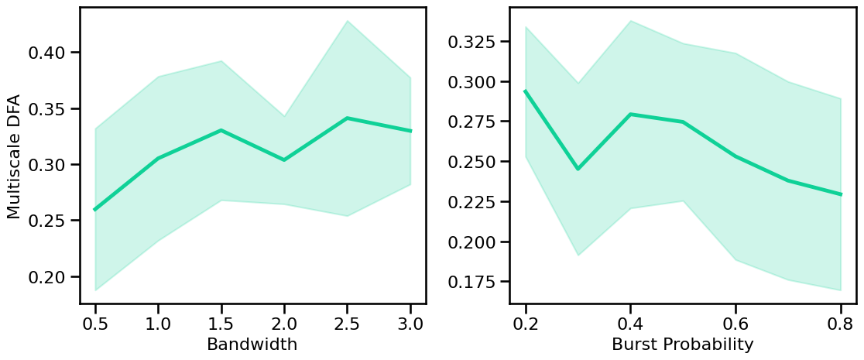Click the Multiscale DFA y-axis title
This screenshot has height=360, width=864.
click(x=14, y=156)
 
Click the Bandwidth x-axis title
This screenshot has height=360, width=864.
click(x=252, y=345)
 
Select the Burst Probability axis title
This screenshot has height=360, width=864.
click(x=682, y=345)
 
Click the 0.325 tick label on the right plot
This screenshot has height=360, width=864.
click(x=472, y=40)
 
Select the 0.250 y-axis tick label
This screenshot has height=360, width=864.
click(x=472, y=162)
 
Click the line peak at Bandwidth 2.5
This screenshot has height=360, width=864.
click(x=347, y=118)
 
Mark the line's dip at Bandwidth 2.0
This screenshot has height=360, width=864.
click(x=284, y=159)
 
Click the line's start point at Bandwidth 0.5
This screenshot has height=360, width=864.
click(x=95, y=209)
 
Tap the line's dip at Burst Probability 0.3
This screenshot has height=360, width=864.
click(x=578, y=169)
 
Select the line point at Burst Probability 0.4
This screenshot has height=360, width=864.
click(x=630, y=115)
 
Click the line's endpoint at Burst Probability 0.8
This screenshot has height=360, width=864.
click(x=840, y=194)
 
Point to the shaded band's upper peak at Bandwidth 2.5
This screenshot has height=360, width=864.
click(x=347, y=21)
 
